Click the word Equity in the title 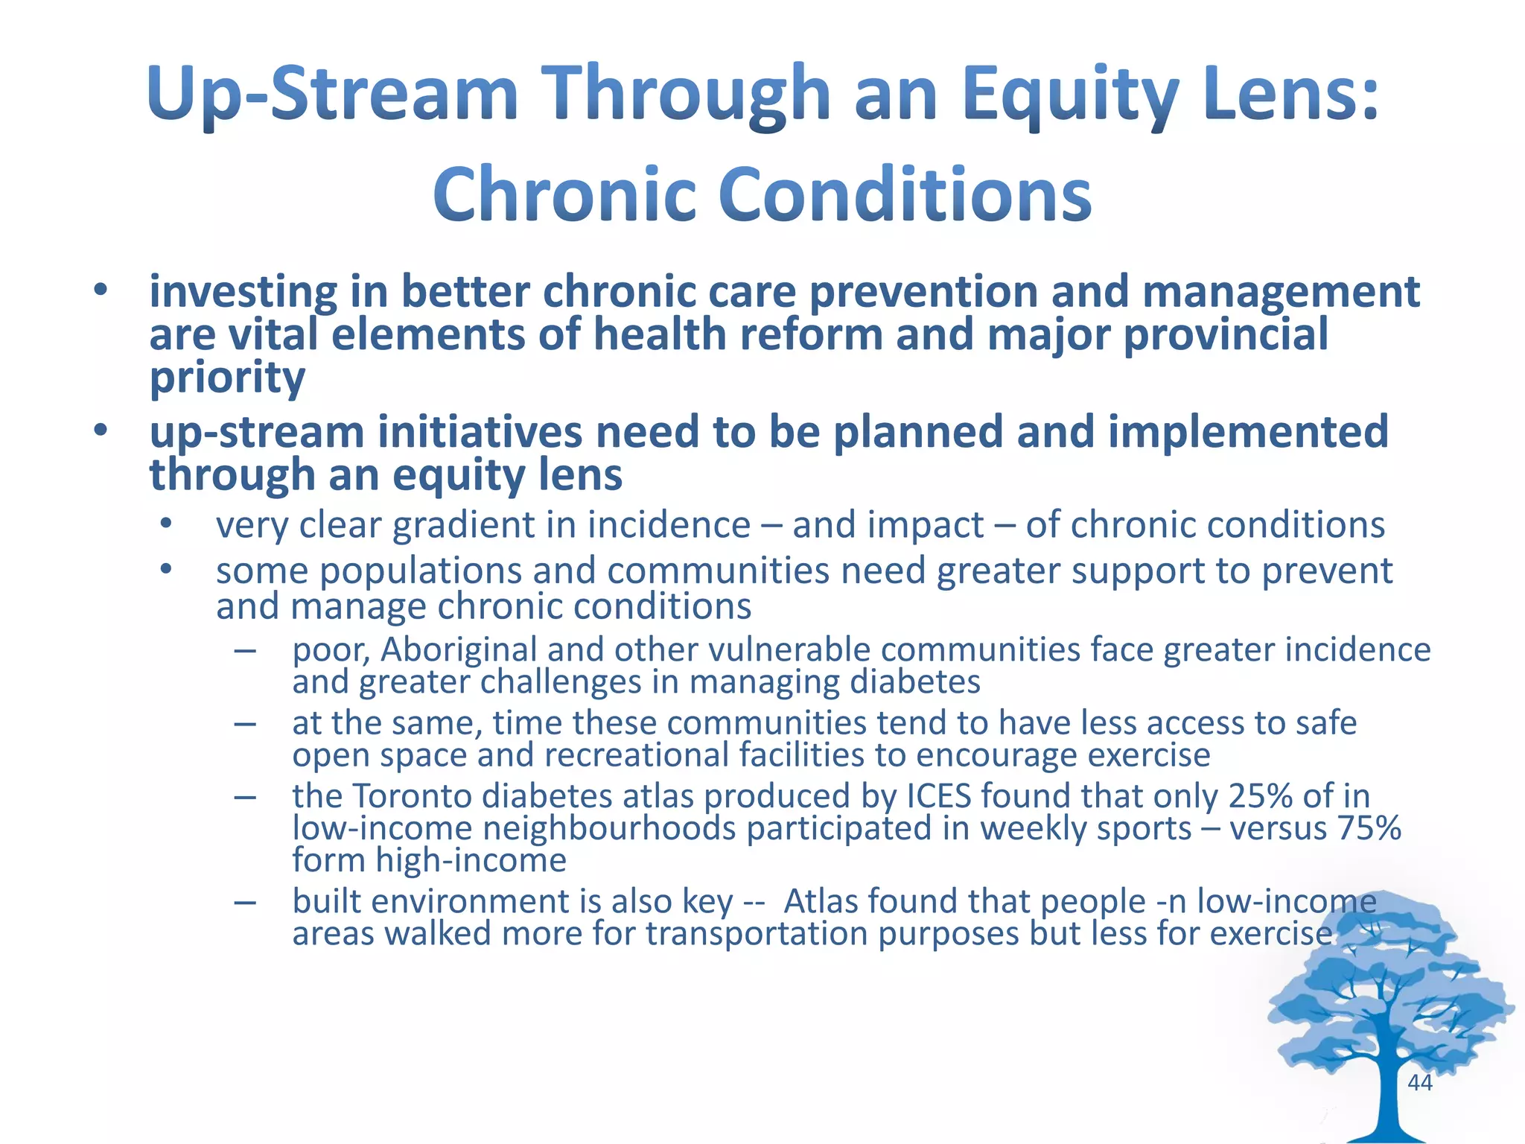tap(1069, 95)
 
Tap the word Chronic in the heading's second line tap(564, 195)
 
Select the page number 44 tap(1420, 1082)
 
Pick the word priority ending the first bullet tap(227, 378)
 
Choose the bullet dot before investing tap(101, 290)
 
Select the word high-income tap(471, 861)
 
